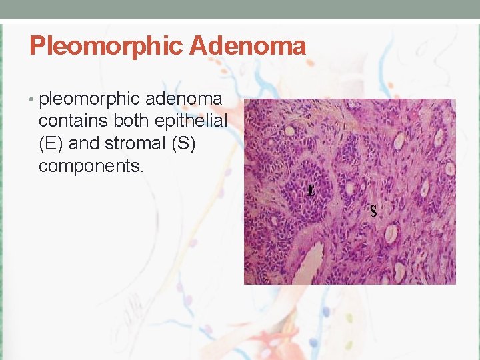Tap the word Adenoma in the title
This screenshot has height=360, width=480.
click(247, 46)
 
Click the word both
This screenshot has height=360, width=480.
click(132, 121)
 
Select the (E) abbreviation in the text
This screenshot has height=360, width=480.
click(51, 143)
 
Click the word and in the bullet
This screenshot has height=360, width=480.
click(85, 143)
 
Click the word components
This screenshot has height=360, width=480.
click(89, 166)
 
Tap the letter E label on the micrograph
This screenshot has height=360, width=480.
click(311, 191)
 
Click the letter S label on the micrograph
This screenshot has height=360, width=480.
click(373, 212)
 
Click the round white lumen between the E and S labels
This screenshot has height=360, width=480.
click(350, 189)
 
